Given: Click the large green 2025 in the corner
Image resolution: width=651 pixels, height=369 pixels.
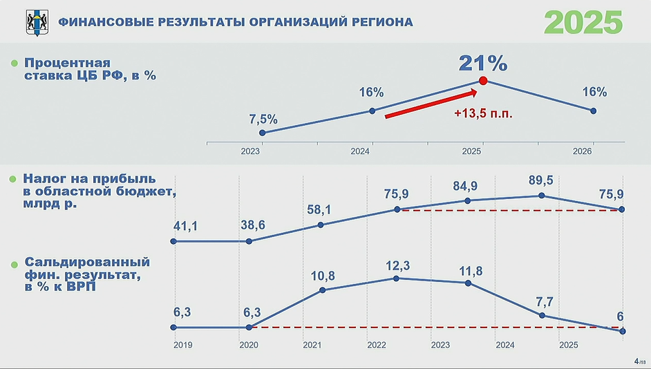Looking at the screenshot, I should (x=583, y=22).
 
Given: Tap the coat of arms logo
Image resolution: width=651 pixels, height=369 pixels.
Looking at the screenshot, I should (x=35, y=22).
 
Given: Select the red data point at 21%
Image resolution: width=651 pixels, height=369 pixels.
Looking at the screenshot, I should (x=483, y=81).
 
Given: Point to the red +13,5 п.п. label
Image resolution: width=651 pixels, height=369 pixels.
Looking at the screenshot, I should (x=484, y=114).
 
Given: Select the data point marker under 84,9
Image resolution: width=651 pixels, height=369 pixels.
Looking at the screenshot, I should (x=468, y=200).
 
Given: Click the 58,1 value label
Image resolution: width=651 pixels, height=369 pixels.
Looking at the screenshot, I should (x=321, y=209).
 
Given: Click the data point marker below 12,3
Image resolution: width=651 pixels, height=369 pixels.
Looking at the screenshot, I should (x=396, y=278).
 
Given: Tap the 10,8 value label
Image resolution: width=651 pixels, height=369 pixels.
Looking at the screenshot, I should (x=321, y=276).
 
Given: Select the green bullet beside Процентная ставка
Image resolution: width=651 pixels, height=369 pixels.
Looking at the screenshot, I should (x=14, y=64).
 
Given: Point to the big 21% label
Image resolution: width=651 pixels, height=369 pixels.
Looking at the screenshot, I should (x=483, y=63).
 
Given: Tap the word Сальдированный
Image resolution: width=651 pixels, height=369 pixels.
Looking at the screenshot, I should (x=87, y=263).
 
